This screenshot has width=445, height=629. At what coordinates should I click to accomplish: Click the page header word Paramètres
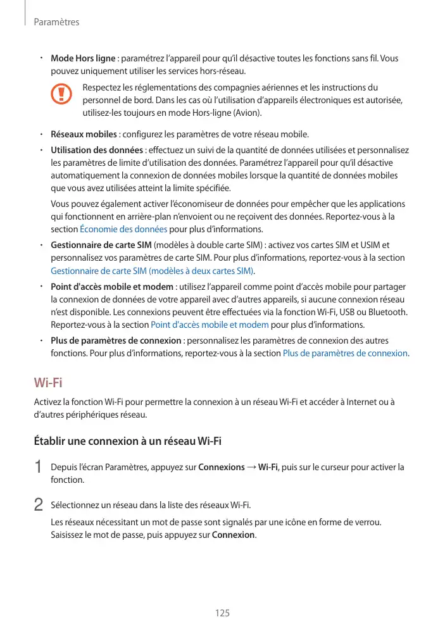(x=56, y=22)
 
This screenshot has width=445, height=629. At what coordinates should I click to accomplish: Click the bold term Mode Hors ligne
(x=83, y=59)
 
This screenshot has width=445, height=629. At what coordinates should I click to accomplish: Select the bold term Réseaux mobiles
(x=84, y=135)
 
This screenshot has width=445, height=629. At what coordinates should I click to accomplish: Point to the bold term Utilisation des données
(x=96, y=151)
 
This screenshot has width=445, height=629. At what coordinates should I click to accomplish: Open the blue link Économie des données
(x=123, y=229)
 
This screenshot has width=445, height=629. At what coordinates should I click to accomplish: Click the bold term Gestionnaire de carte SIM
(x=101, y=245)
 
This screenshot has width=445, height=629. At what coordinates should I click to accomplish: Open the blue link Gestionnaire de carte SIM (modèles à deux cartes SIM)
(x=152, y=271)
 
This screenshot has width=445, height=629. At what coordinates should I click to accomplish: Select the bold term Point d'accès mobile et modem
(x=112, y=287)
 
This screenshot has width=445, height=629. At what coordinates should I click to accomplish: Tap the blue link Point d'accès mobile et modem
(x=210, y=325)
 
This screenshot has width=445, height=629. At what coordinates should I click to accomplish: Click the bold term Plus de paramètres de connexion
(x=116, y=340)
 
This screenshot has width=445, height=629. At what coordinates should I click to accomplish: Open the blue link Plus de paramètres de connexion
(x=345, y=353)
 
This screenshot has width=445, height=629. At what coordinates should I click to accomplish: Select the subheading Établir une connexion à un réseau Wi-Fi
(x=127, y=440)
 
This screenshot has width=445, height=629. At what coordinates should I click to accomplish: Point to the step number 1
(x=39, y=468)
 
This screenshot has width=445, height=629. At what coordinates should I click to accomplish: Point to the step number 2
(x=39, y=504)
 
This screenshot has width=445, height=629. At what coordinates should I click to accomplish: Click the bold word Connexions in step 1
(x=222, y=468)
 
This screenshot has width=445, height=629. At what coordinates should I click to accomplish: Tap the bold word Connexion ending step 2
(x=233, y=535)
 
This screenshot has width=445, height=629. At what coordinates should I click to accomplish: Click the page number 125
(x=222, y=613)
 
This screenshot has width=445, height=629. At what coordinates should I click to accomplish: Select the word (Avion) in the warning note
(x=247, y=113)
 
